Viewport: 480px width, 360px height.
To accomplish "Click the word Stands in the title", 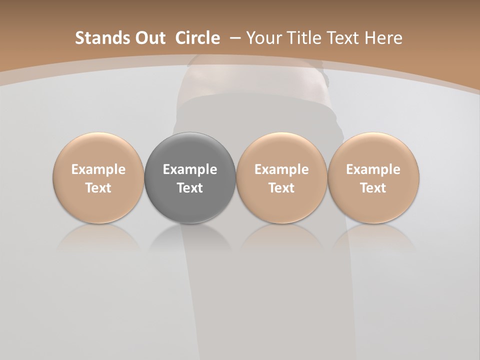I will (98, 38).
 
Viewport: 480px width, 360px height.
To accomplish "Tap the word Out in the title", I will (149, 38).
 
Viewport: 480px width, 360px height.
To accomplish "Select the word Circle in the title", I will (197, 38).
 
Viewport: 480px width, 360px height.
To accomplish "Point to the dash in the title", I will (234, 38).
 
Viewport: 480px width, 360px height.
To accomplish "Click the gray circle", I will (190, 177).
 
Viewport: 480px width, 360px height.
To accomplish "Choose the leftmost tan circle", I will (98, 177).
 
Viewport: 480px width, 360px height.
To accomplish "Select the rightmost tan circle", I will (373, 177).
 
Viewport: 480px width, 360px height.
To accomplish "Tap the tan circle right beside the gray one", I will (281, 177).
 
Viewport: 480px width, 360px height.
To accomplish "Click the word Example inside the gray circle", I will (190, 169).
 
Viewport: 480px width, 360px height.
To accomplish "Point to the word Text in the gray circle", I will (190, 188).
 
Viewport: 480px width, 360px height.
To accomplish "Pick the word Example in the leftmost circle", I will (98, 169).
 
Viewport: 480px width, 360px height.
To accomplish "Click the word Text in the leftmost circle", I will (98, 188).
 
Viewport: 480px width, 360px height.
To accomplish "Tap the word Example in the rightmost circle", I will (373, 169).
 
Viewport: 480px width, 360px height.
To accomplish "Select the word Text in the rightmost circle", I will (373, 188).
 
